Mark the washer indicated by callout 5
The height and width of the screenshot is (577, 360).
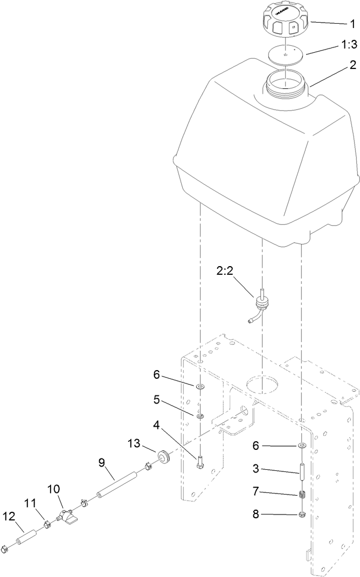[199, 416]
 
